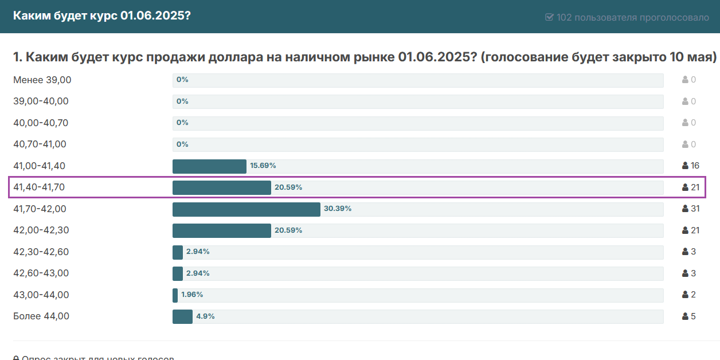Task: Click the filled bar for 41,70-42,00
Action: point(246,209)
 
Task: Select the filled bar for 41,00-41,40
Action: point(209,166)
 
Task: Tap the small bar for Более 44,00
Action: point(182,316)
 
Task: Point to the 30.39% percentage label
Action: point(338,209)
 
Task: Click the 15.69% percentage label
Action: point(263,166)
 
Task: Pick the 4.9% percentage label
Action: point(205,316)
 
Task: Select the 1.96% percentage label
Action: point(192,295)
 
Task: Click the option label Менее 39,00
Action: point(42,80)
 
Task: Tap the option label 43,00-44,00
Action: point(41,295)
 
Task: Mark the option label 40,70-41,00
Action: point(40,144)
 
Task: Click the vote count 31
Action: point(695,209)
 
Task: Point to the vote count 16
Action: point(695,166)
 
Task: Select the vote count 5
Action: point(693,316)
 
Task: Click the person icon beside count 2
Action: point(685,295)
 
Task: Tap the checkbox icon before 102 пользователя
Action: point(549,17)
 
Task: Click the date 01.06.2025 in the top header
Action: point(155,15)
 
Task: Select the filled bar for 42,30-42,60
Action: point(178,252)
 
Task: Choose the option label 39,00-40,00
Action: point(41,101)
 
